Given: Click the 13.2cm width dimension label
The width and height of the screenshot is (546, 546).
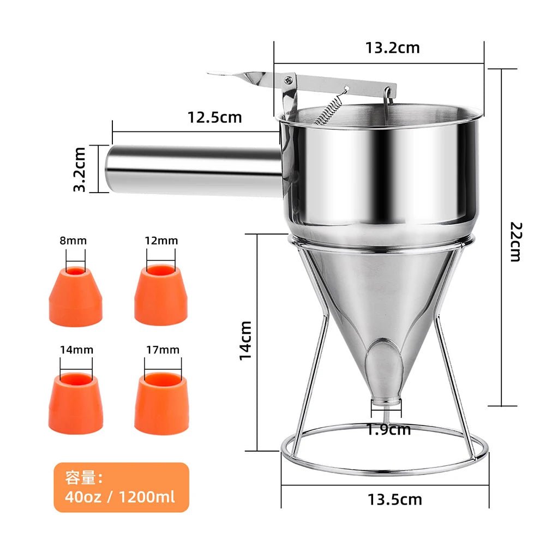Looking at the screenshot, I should pyautogui.click(x=392, y=47).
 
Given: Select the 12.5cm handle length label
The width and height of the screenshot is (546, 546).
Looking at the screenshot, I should pyautogui.click(x=214, y=117).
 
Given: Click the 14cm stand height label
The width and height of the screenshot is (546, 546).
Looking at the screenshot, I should pyautogui.click(x=246, y=339).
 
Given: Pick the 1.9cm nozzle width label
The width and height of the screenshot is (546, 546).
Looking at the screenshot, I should pyautogui.click(x=388, y=429).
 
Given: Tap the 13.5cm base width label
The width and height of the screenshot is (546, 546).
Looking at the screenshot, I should pyautogui.click(x=394, y=499).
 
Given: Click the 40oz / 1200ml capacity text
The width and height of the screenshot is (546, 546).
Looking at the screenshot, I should pyautogui.click(x=121, y=497).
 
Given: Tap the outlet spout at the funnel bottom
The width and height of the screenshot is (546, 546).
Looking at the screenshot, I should pyautogui.click(x=387, y=402).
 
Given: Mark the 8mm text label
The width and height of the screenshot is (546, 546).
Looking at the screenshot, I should pyautogui.click(x=74, y=240).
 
